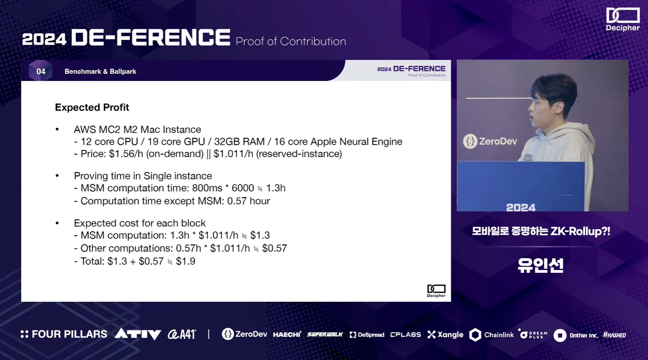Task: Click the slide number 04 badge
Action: point(40,71)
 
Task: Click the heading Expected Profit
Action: point(92,108)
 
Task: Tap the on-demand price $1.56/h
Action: point(126,154)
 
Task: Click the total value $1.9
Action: point(186,261)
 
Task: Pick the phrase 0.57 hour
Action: point(249,201)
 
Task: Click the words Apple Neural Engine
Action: point(357,142)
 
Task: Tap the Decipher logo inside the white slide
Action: point(436,291)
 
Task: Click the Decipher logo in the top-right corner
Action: point(623,19)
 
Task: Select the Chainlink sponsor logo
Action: point(491,335)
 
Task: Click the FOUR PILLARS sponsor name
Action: point(64,334)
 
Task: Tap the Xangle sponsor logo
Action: point(445,335)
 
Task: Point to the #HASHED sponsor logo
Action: point(615,335)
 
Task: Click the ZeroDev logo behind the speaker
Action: point(490,141)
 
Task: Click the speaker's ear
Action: point(560,108)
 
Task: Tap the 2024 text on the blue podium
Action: point(521,207)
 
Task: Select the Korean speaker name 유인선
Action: point(540,265)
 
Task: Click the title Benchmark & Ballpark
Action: point(100,72)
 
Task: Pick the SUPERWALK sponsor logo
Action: point(325,335)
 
